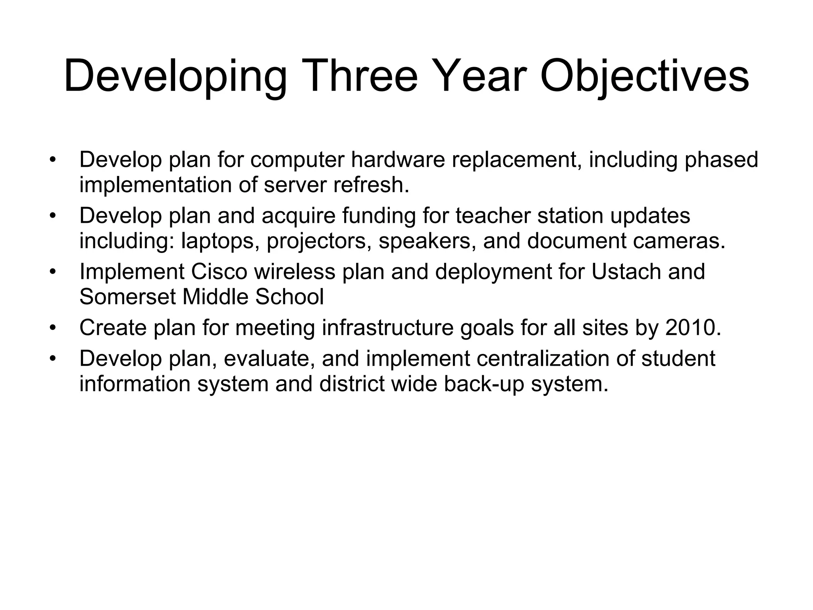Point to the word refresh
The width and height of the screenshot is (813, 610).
[x=370, y=185]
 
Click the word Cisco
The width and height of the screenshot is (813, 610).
[x=219, y=272]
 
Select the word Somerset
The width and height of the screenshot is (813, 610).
[x=127, y=297]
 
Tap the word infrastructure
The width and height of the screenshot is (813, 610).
[x=387, y=328]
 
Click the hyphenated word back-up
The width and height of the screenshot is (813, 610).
[x=484, y=384]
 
